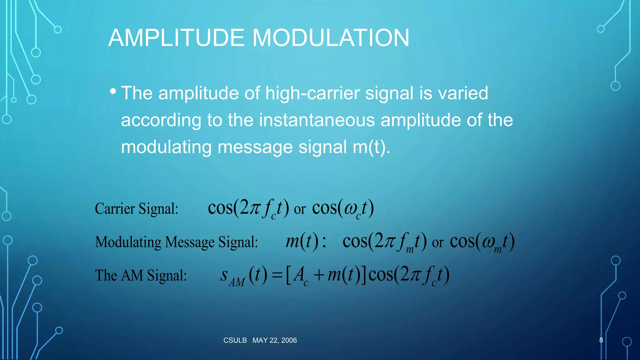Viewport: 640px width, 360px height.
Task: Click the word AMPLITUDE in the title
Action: click(176, 38)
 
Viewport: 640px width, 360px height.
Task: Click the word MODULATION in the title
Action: click(331, 38)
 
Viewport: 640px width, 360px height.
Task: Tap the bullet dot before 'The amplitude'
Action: click(113, 92)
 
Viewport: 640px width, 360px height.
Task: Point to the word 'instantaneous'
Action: click(317, 120)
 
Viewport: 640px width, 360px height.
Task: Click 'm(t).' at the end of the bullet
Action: click(372, 147)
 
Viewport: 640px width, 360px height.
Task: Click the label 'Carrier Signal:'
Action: click(137, 209)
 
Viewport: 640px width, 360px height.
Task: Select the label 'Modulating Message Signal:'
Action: click(177, 242)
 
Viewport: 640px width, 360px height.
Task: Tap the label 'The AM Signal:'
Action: click(141, 276)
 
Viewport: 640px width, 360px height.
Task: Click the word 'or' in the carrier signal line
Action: click(300, 209)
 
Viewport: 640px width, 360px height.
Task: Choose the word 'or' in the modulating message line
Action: click(437, 243)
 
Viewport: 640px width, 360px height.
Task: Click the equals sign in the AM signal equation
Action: click(277, 275)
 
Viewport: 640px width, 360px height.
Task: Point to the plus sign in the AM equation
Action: click(318, 275)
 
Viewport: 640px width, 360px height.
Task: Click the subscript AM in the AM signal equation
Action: click(237, 282)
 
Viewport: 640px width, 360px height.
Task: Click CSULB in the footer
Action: click(235, 340)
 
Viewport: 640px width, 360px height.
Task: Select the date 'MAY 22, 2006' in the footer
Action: click(275, 340)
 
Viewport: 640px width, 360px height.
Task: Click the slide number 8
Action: click(601, 340)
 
